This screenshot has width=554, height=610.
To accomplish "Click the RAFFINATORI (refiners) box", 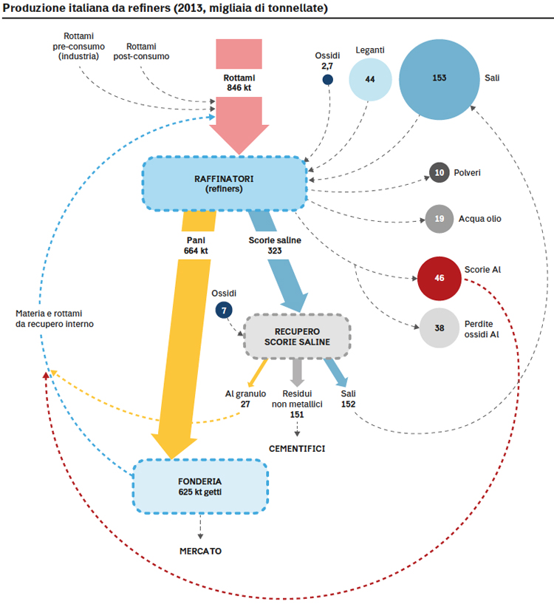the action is click(225, 183).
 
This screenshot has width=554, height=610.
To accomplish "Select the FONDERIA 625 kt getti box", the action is click(200, 487).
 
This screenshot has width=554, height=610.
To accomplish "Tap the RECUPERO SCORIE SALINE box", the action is click(298, 336).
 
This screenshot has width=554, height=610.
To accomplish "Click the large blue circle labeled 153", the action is click(440, 79).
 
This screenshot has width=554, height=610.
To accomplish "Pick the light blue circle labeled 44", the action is click(370, 79).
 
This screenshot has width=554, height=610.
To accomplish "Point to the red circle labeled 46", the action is click(440, 278).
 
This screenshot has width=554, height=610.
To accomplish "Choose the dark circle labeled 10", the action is click(440, 172).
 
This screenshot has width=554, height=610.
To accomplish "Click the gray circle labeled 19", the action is click(440, 219).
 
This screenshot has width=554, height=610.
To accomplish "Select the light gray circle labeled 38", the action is click(440, 328).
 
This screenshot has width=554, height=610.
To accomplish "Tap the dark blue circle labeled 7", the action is click(224, 310).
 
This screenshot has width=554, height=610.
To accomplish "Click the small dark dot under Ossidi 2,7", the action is click(328, 80).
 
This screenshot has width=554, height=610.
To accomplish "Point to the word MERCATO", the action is click(201, 551).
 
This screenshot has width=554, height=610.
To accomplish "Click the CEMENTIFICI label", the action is click(297, 449).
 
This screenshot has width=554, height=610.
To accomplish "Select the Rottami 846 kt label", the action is click(239, 83).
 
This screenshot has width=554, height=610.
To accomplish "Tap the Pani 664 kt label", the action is click(196, 245).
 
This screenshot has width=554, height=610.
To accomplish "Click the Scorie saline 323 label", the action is click(275, 245).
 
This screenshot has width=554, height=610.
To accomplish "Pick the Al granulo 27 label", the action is click(245, 399).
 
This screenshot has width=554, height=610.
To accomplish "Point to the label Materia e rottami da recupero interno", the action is click(55, 319).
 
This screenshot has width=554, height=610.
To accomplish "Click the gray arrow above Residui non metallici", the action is click(298, 373).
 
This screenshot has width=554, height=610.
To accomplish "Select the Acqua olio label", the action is click(479, 219).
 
